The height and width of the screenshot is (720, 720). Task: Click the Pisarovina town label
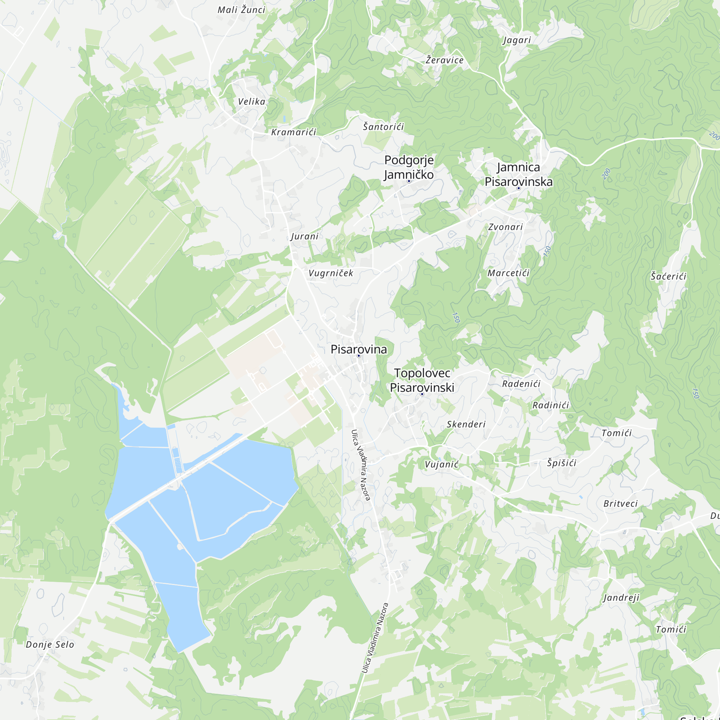pyautogui.click(x=359, y=349)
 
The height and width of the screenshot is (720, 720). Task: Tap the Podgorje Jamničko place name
pyautogui.click(x=409, y=167)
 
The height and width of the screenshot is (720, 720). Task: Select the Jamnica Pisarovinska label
pyautogui.click(x=518, y=174)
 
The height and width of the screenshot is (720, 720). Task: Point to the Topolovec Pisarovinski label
pyautogui.click(x=422, y=380)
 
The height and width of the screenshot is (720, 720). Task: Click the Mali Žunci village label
pyautogui.click(x=241, y=10)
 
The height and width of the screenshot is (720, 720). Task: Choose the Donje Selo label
pyautogui.click(x=50, y=644)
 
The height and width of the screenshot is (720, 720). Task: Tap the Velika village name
pyautogui.click(x=252, y=102)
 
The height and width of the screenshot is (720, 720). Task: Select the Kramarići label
pyautogui.click(x=294, y=132)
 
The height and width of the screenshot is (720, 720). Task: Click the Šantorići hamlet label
pyautogui.click(x=383, y=127)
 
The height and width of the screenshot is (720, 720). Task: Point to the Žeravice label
pyautogui.click(x=445, y=60)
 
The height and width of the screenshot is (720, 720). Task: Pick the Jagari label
pyautogui.click(x=517, y=40)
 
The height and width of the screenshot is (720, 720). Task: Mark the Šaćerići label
pyautogui.click(x=668, y=276)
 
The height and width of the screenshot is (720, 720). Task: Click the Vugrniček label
pyautogui.click(x=331, y=273)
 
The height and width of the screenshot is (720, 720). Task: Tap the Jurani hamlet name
pyautogui.click(x=305, y=236)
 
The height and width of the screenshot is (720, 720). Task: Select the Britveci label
pyautogui.click(x=621, y=504)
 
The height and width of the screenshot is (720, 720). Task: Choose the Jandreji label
pyautogui.click(x=621, y=598)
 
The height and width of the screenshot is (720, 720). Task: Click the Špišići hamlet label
pyautogui.click(x=562, y=463)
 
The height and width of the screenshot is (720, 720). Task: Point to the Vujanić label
pyautogui.click(x=442, y=464)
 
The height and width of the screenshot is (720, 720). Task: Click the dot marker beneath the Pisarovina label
pyautogui.click(x=359, y=356)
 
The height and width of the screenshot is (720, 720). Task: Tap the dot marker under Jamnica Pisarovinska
pyautogui.click(x=518, y=188)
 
